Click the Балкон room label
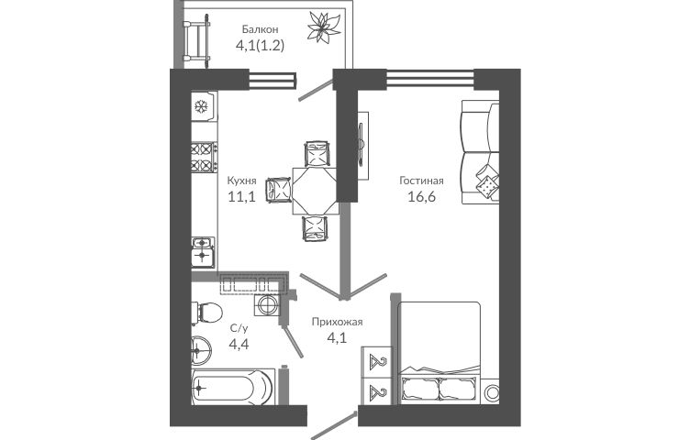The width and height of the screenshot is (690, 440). pos(260,29)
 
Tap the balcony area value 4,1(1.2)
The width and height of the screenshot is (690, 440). pos(260,45)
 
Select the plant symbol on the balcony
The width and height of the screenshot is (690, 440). pos(324,27)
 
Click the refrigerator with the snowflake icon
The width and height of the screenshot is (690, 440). pos(205,106)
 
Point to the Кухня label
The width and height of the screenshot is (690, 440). pos(241,181)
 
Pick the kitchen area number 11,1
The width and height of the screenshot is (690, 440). pos(241,196)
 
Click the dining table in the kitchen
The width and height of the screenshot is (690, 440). pos(316,191)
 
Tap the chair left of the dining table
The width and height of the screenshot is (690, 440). pos(278,190)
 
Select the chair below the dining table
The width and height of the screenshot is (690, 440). pos(315,228)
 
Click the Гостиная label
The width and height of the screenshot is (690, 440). pos(421,181)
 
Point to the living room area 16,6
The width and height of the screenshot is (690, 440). pos(421,196)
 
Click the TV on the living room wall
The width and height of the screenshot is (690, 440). pos(362,146)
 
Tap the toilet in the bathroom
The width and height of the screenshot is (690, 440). pos(206,313)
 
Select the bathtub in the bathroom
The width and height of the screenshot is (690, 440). pos(233,387)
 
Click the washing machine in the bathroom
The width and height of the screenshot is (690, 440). pos(267,304)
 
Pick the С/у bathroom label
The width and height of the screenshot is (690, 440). pos(239,328)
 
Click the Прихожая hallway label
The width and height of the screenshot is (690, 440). pos(337,322)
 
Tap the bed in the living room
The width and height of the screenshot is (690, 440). pos(439,353)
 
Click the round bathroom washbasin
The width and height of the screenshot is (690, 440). pos(202,351)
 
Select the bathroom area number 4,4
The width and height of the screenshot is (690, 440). pos(239,344)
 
